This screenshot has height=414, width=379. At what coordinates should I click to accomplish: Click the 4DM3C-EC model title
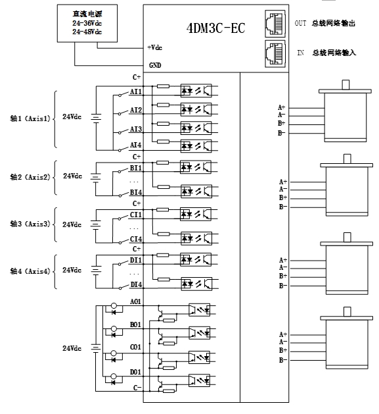(215, 28)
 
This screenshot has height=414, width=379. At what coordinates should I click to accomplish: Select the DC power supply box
(87, 23)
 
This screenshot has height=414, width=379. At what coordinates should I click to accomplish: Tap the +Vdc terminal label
(155, 47)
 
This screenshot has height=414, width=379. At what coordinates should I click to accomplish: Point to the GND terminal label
(155, 65)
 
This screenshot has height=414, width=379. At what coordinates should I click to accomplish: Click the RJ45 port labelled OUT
(275, 24)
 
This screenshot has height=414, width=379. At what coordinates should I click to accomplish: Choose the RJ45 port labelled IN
(275, 54)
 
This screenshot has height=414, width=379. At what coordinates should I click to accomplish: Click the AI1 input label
(136, 91)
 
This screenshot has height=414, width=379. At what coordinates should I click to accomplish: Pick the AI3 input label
(136, 129)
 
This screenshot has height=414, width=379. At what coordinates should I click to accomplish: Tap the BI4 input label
(136, 192)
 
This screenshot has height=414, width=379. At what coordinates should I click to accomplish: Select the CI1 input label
(136, 215)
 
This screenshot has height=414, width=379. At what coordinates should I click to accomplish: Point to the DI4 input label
(136, 284)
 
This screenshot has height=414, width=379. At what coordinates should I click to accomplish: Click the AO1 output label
(135, 301)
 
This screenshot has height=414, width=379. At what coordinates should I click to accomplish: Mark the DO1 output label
(135, 372)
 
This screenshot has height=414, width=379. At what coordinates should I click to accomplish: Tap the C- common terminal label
(137, 388)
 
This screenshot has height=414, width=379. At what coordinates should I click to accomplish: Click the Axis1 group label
(30, 118)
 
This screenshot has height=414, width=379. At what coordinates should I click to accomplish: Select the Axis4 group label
(30, 271)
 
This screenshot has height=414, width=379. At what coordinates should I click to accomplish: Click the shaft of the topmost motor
(346, 85)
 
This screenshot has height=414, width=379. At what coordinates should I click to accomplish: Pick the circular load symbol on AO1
(114, 306)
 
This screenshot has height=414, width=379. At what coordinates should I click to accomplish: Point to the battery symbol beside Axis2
(95, 177)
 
